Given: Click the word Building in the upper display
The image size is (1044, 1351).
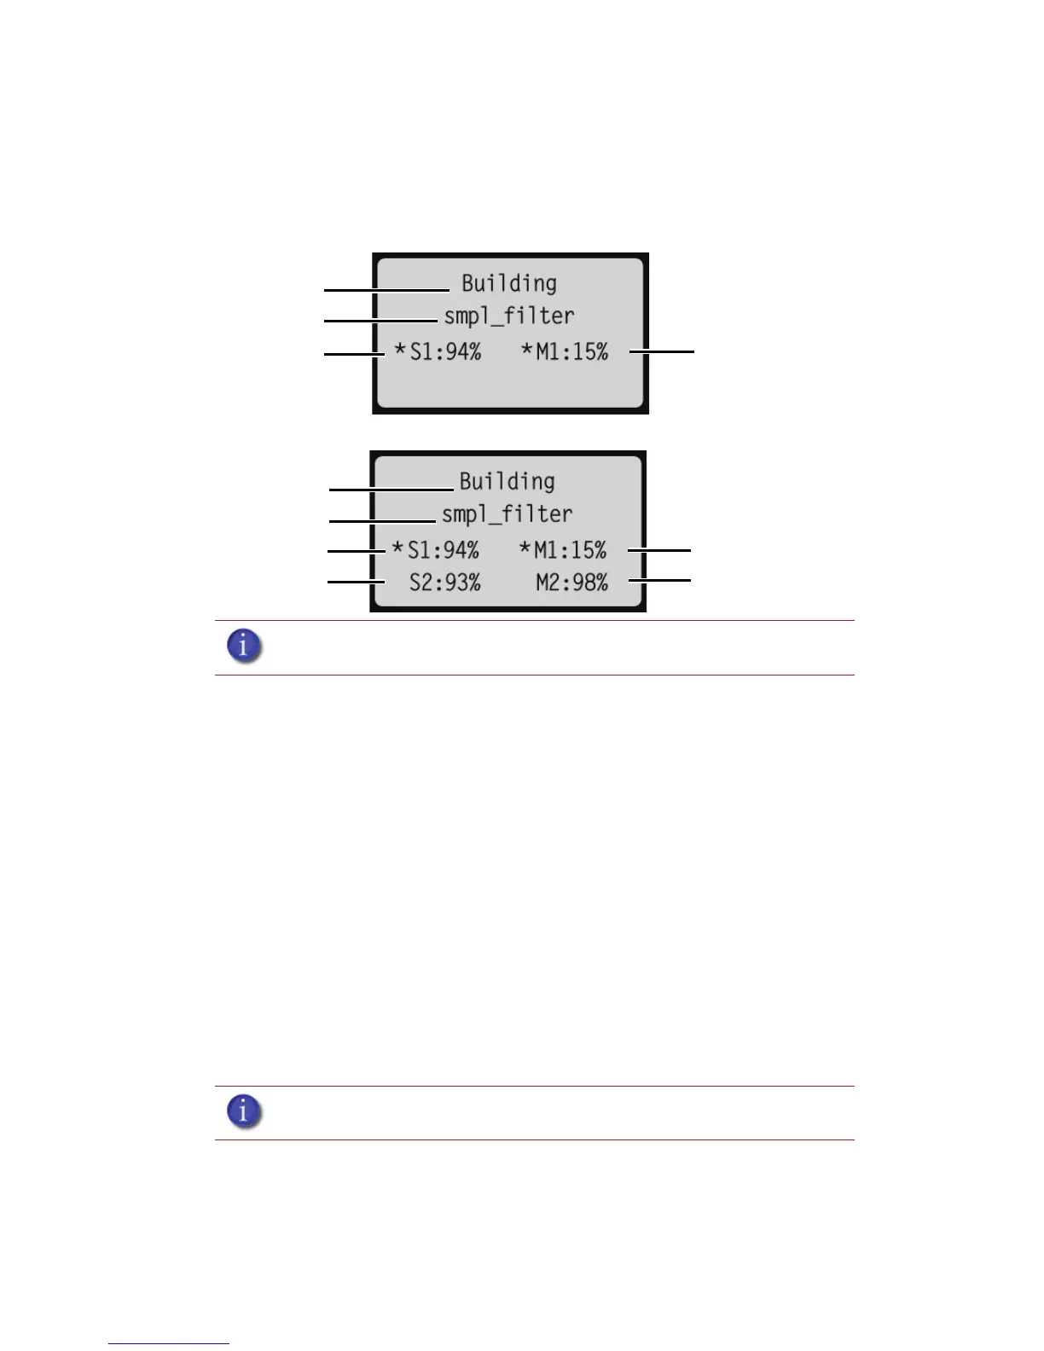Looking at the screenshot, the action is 509,283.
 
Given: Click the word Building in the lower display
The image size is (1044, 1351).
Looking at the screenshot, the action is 507,481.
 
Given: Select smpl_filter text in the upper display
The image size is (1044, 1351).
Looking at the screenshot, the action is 509,316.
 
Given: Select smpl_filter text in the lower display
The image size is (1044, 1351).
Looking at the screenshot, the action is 507,513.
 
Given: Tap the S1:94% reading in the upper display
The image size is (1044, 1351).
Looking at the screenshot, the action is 445,351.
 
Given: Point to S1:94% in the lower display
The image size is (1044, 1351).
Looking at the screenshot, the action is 443,549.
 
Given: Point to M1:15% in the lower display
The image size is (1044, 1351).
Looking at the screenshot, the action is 570,549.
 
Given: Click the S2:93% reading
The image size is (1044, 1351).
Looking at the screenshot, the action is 444,582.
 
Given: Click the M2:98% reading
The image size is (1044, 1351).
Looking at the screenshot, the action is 571,582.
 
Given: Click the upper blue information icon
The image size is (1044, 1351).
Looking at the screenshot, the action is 244,647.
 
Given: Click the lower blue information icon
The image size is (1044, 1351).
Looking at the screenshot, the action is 244,1111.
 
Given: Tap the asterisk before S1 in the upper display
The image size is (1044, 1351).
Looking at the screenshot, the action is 400,350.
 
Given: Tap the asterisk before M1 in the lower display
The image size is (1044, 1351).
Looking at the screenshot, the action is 525,548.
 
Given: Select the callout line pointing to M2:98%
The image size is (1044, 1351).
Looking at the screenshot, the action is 659,580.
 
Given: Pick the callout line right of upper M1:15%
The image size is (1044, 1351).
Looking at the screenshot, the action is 662,351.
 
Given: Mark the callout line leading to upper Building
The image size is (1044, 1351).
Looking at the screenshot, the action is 386,291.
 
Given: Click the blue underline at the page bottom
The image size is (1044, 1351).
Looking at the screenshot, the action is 169,1343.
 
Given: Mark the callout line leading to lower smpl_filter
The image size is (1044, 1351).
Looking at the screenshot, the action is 382,520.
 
